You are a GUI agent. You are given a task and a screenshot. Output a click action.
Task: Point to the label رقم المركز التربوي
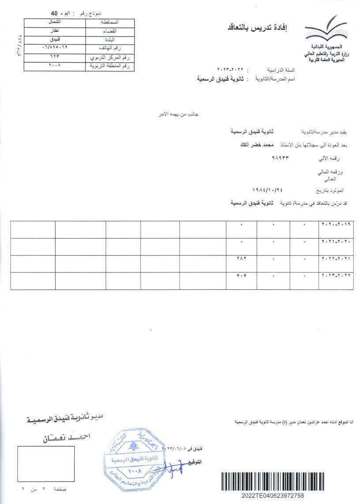(109, 57)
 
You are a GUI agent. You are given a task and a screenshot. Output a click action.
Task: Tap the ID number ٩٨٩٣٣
(281, 157)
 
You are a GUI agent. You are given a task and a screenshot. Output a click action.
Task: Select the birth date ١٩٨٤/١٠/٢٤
(267, 190)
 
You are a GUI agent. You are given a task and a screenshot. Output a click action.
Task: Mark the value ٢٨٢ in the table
(241, 259)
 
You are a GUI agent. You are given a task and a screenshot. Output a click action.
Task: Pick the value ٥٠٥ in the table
(241, 276)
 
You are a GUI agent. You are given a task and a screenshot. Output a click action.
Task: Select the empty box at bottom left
(46, 463)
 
